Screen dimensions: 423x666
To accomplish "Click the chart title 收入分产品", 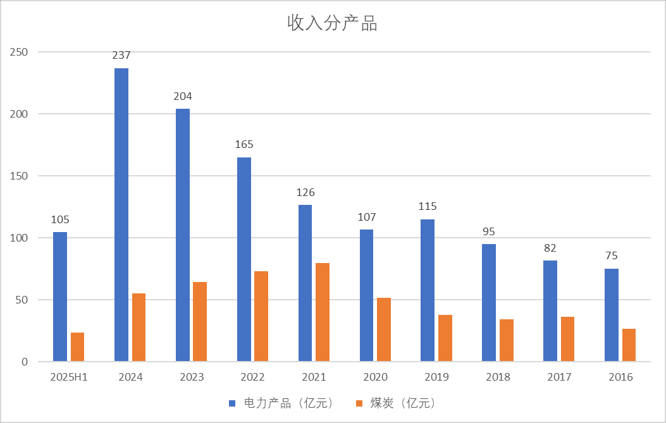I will [x=333, y=24].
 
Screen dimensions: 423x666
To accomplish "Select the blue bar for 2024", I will [x=121, y=215].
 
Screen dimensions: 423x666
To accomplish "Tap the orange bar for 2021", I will [x=323, y=312].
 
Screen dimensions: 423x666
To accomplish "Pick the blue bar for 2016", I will [x=612, y=315].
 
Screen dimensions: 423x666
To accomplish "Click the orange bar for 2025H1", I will [x=78, y=347].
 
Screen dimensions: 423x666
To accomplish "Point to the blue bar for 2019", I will [x=428, y=290].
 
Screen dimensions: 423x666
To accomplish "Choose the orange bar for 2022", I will [x=261, y=316].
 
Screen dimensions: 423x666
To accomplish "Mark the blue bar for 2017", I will [x=550, y=311].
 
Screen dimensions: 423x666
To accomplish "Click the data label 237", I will [x=121, y=56].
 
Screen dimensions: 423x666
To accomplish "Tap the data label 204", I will [x=183, y=97].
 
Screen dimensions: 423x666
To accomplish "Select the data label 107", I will [x=366, y=217].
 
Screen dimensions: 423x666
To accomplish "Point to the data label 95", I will [x=489, y=231].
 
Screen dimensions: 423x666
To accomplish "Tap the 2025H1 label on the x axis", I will [x=68, y=377].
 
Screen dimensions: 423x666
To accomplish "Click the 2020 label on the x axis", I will [x=375, y=377].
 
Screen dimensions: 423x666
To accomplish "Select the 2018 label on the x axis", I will [x=498, y=377].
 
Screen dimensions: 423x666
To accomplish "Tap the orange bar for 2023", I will [x=200, y=322].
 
